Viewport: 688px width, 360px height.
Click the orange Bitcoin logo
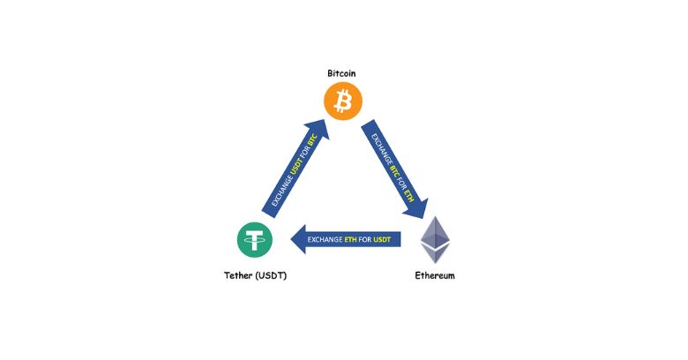pos(343,101)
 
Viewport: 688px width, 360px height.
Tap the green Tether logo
pos(255,239)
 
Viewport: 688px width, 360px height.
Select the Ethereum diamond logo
pos(434,239)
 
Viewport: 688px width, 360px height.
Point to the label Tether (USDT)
pos(255,276)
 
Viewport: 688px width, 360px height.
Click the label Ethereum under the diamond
pos(435,276)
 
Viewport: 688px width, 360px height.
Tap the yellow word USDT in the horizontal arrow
pos(383,239)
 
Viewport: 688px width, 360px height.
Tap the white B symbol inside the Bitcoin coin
pos(343,101)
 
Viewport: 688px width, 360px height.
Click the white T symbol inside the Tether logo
pos(255,239)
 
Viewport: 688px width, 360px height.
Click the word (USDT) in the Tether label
pos(270,276)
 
